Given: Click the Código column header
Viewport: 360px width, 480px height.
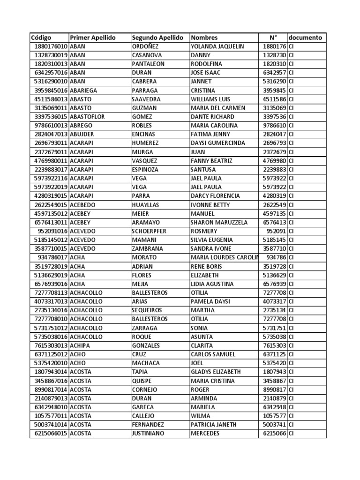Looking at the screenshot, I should pyautogui.click(x=41, y=37).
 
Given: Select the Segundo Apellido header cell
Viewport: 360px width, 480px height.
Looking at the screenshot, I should pyautogui.click(x=157, y=37).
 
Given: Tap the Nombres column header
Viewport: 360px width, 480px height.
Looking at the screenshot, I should pyautogui.click(x=204, y=37).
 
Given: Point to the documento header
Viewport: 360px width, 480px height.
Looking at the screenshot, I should pyautogui.click(x=305, y=37).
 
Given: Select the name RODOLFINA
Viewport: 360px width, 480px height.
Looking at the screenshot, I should pyautogui.click(x=207, y=64).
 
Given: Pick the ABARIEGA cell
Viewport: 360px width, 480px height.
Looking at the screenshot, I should pyautogui.click(x=84, y=90).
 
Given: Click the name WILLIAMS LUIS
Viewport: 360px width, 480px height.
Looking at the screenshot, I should pyautogui.click(x=211, y=99).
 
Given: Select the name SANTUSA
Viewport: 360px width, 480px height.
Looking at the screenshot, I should pyautogui.click(x=203, y=169).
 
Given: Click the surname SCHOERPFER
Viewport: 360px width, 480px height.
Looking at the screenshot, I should pyautogui.click(x=150, y=231).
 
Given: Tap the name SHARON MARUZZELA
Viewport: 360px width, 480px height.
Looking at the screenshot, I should pyautogui.click(x=219, y=222).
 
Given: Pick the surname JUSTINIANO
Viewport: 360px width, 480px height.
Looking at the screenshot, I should pyautogui.click(x=148, y=434).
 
